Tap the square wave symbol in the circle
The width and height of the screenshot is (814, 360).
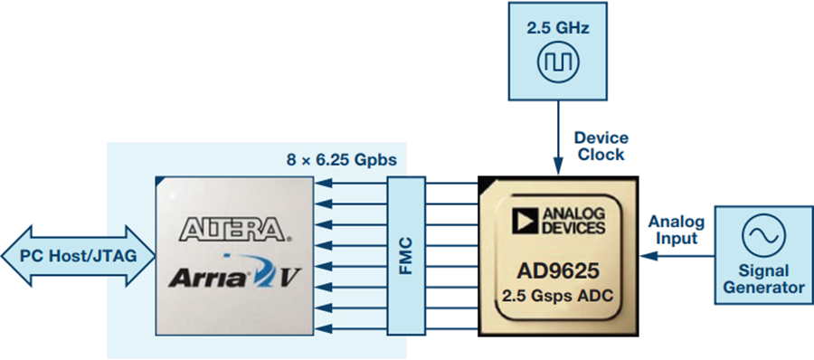558,62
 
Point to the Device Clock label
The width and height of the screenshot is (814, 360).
601,146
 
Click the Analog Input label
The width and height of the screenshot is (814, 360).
676,230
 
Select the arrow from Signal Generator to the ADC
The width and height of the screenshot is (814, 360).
677,256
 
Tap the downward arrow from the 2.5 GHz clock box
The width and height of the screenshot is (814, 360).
558,137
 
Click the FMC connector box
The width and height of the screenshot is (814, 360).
406,256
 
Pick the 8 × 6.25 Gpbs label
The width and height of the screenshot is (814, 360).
342,160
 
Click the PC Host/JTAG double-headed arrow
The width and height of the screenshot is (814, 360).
79,256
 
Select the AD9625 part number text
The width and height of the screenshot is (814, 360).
558,270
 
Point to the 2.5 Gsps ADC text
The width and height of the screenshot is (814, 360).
558,295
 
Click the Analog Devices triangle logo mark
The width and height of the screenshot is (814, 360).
525,221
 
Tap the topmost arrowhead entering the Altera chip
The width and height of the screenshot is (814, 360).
322,183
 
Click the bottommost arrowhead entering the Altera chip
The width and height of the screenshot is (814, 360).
322,328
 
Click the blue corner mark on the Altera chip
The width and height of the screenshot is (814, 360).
159,181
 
